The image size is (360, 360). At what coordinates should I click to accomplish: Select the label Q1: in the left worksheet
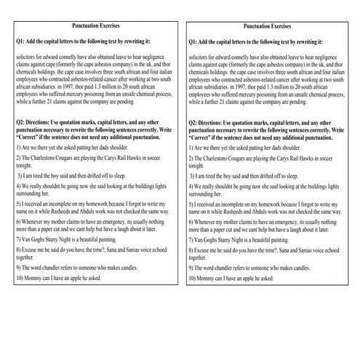[x=20, y=42]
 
